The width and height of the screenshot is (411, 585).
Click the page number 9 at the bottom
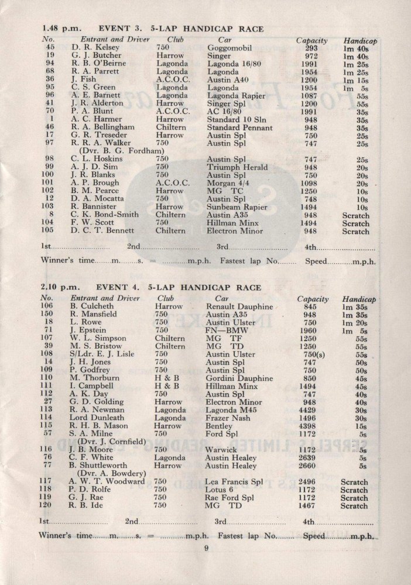pos(206,548)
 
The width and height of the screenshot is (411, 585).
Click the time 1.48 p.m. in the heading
pos(57,27)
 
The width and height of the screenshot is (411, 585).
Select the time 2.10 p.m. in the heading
pos(57,287)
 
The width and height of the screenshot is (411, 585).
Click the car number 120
pos(47,506)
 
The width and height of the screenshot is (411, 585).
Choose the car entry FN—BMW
pos(228,330)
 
